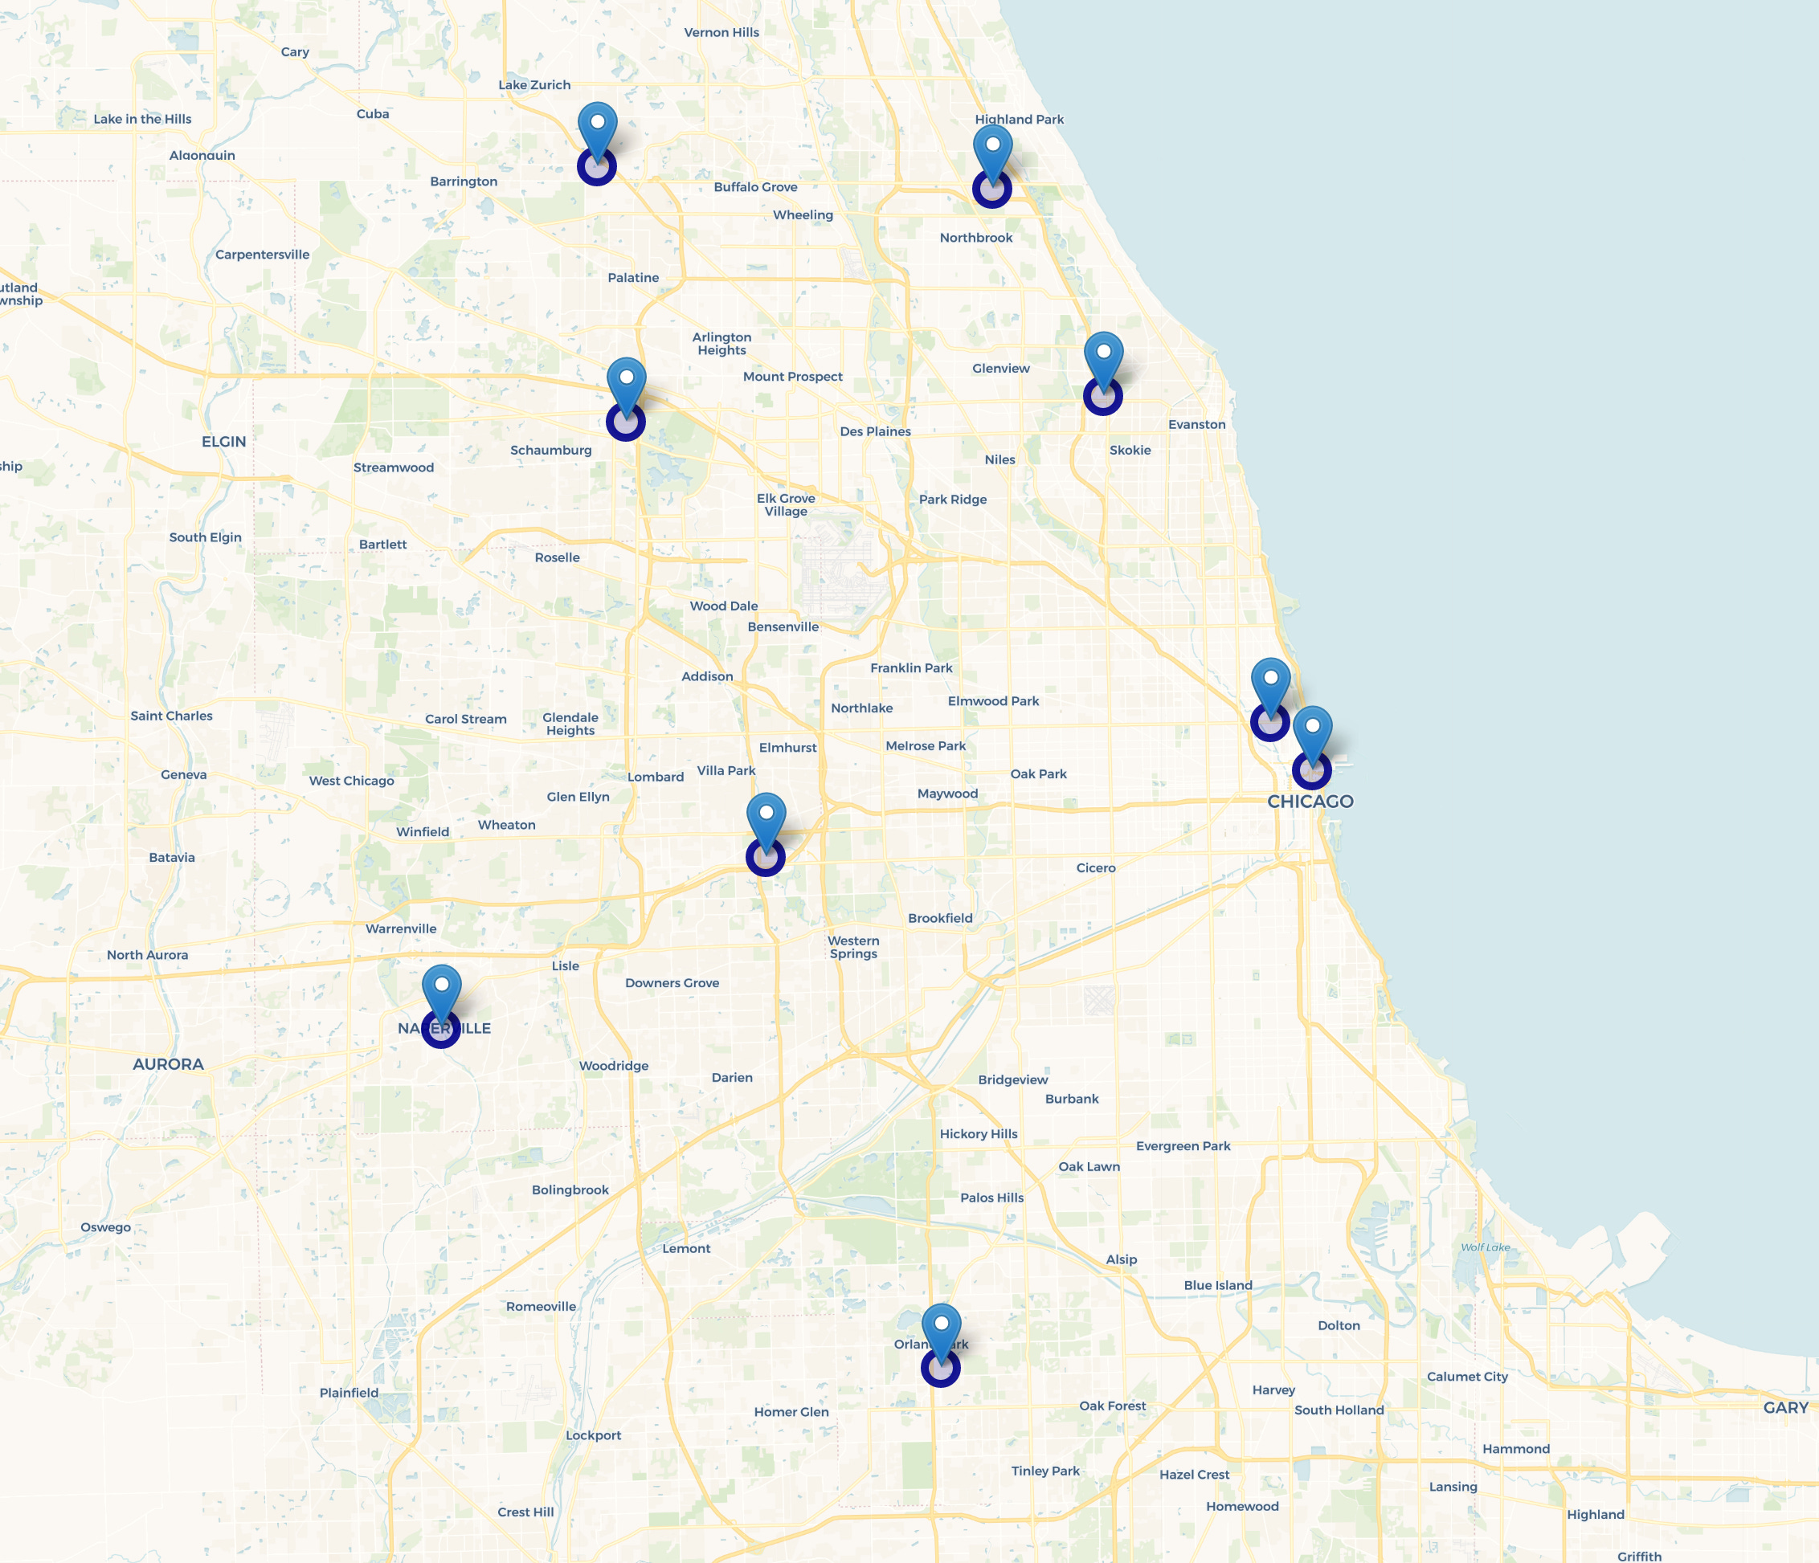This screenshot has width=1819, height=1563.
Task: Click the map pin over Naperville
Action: (442, 996)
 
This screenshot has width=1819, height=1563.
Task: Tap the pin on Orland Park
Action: (941, 1335)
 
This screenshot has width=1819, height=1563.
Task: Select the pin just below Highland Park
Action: (993, 156)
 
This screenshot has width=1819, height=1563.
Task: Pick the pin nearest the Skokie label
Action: (1103, 363)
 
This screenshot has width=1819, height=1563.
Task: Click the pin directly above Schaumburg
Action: (626, 389)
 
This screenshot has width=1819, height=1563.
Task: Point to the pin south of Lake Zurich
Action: (597, 133)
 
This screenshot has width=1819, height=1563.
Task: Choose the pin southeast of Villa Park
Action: (766, 824)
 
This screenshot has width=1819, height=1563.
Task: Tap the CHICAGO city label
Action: (1310, 802)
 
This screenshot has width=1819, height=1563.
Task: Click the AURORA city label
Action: (168, 1063)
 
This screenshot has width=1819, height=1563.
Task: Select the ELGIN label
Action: (224, 442)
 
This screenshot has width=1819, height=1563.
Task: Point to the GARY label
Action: (1785, 1408)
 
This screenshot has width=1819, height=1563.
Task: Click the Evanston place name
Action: (1196, 425)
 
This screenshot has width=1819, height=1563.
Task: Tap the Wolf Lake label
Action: (1486, 1247)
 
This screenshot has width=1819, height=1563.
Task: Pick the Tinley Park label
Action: (1044, 1471)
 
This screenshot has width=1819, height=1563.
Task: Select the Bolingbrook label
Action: (570, 1190)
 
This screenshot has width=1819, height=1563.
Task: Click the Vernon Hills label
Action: (721, 32)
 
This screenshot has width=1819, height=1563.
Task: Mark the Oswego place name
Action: (105, 1227)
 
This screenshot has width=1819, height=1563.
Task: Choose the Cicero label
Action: (1096, 868)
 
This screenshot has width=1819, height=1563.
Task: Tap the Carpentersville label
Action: (263, 255)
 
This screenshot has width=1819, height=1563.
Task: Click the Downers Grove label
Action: (672, 983)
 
